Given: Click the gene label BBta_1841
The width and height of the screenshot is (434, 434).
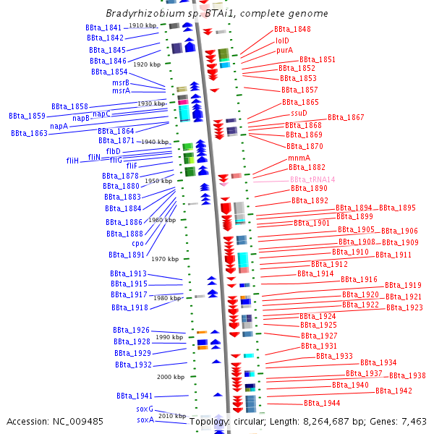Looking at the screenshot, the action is [x=103, y=27].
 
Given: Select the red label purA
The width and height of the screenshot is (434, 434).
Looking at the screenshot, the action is [x=284, y=51].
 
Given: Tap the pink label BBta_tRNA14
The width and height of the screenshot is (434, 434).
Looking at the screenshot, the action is [x=312, y=179].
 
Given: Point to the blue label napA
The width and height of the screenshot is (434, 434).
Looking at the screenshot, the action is [x=59, y=126].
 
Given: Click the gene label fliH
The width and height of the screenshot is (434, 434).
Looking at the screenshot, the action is [x=72, y=161].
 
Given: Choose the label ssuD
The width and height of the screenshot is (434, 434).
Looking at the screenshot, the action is [x=299, y=114].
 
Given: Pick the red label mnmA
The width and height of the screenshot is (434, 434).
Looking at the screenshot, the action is [x=299, y=158].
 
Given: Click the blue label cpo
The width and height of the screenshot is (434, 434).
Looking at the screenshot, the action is [x=138, y=244].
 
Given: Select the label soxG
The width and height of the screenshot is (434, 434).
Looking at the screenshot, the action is [x=145, y=409].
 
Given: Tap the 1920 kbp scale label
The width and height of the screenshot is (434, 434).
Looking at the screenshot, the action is [x=147, y=64].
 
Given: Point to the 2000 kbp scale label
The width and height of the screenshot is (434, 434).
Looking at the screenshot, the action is [x=171, y=377].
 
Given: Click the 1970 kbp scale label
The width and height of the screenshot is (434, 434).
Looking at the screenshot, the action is [x=165, y=259].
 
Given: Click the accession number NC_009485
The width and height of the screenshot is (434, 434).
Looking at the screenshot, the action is [x=78, y=422].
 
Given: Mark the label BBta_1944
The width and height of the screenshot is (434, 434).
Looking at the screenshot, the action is [x=322, y=404].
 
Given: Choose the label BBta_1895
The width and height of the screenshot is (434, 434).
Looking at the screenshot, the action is [x=397, y=208].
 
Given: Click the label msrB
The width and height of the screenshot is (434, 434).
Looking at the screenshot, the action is [x=121, y=82].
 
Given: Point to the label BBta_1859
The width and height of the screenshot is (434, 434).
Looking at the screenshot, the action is [x=27, y=116].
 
